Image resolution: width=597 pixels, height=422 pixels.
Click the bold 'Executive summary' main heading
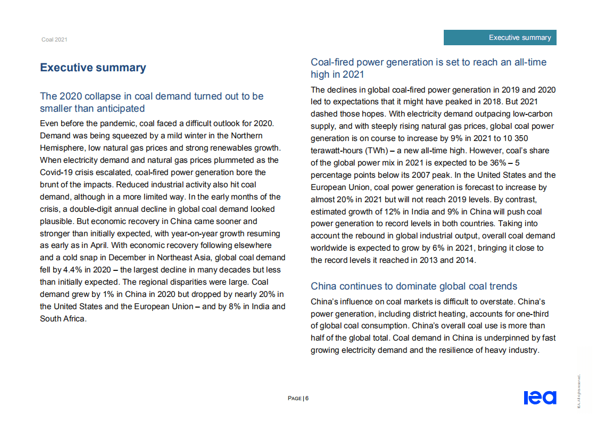click(x=93, y=68)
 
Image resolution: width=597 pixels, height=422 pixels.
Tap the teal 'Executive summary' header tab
click(x=520, y=37)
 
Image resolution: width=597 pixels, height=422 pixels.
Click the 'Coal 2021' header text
click(x=54, y=40)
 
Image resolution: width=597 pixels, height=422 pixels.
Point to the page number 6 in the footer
click(x=307, y=399)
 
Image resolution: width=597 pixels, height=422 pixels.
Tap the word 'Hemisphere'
click(x=61, y=147)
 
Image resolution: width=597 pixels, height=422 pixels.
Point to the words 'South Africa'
click(x=62, y=319)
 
